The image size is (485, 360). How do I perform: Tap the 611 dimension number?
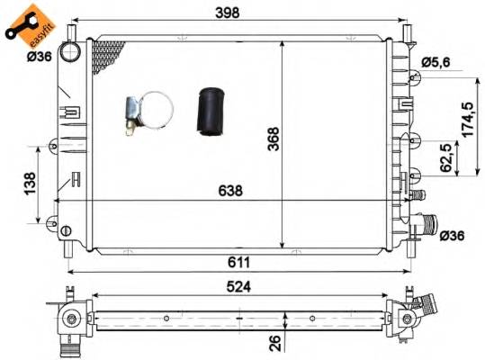point(238,261)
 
